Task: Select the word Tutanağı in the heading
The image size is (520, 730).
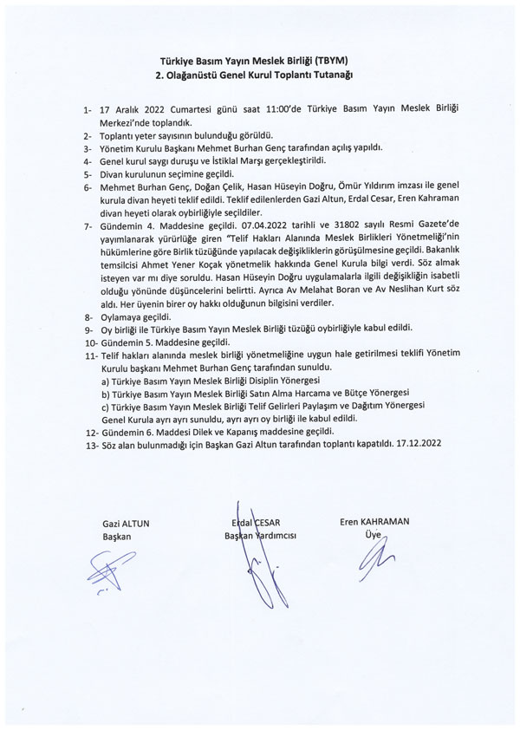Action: [x=331, y=75]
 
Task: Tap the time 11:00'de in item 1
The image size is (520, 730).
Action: [x=252, y=113]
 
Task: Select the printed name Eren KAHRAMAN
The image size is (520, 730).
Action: [x=374, y=521]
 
